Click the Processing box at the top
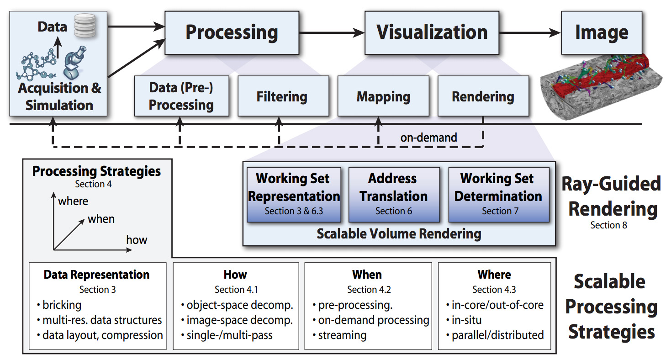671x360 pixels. coord(232,33)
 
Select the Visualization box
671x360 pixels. coord(432,33)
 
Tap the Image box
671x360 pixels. coord(601,33)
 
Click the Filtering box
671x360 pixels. coord(282,97)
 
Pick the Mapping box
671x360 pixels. coord(383,97)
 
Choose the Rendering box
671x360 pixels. coord(483,97)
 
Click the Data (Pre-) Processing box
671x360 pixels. coord(181,97)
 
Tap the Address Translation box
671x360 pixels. coord(394,195)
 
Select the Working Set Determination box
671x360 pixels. coord(498,195)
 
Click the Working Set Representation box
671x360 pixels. coord(293,195)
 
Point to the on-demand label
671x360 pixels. coord(428,138)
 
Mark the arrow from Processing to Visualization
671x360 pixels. coord(331,33)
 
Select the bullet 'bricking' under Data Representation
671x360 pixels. coord(62,305)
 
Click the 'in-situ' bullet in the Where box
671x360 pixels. coord(466,320)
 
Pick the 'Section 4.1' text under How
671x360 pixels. coord(236,290)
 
